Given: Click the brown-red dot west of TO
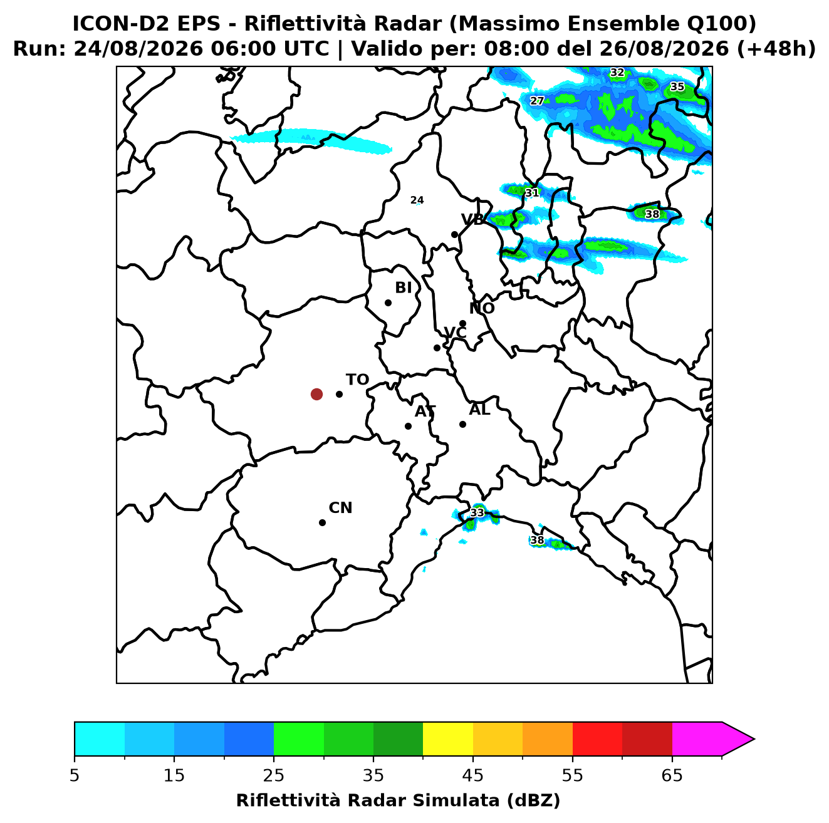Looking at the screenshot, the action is click(316, 393).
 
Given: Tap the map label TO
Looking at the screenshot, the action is click(357, 380).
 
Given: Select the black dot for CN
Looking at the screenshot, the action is click(322, 523).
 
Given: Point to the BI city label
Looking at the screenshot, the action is click(403, 287).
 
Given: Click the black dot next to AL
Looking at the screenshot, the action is click(462, 424).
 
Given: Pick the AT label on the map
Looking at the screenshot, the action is click(425, 412).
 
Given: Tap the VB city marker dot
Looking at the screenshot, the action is click(454, 234).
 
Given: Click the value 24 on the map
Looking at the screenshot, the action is click(417, 200).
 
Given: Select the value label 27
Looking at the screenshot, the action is click(536, 101).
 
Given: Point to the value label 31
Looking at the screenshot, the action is click(532, 193).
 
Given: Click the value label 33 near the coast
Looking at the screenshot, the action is click(477, 513).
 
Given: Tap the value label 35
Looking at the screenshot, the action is click(677, 86).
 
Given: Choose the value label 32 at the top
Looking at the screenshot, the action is click(617, 72).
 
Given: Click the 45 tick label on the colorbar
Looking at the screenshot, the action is click(473, 775).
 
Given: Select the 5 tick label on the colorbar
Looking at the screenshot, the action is click(75, 775).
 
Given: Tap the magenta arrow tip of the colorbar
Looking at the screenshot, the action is click(754, 740).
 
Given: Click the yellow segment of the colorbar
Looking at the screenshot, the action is click(448, 740).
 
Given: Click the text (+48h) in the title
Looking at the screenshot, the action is click(776, 49).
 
